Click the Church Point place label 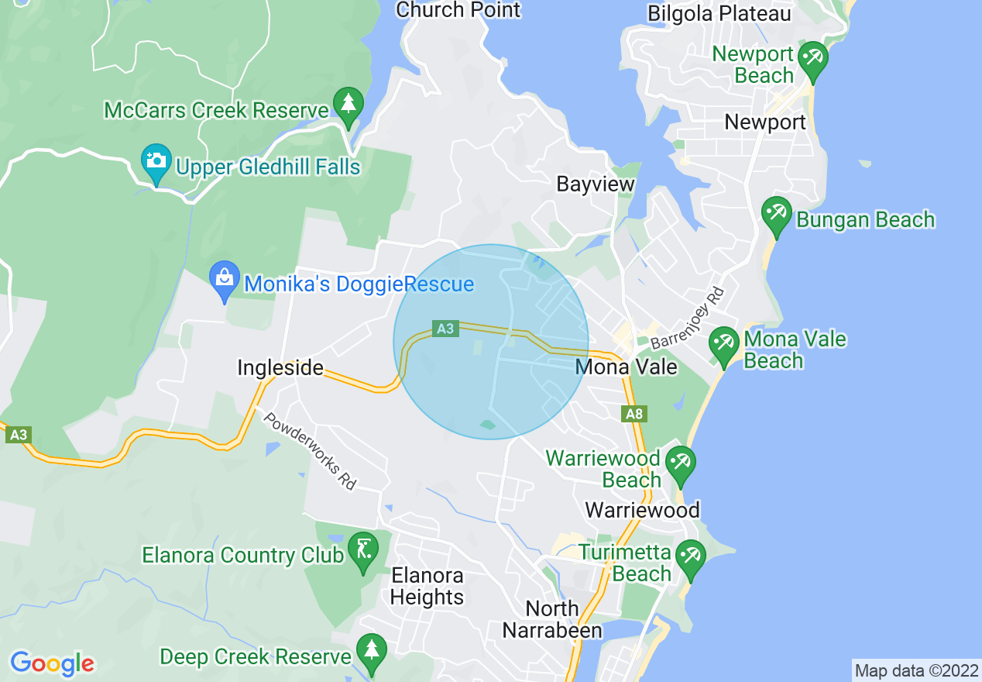(458, 10)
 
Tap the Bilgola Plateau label (719, 13)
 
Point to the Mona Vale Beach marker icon (723, 346)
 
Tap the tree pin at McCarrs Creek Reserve (349, 106)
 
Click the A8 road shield (634, 414)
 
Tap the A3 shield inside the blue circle (445, 329)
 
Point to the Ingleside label (280, 367)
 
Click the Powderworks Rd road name (310, 450)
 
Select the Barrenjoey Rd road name (687, 319)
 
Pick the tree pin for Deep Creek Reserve (373, 652)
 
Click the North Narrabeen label (552, 619)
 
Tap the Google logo (52, 663)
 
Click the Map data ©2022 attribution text (916, 670)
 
